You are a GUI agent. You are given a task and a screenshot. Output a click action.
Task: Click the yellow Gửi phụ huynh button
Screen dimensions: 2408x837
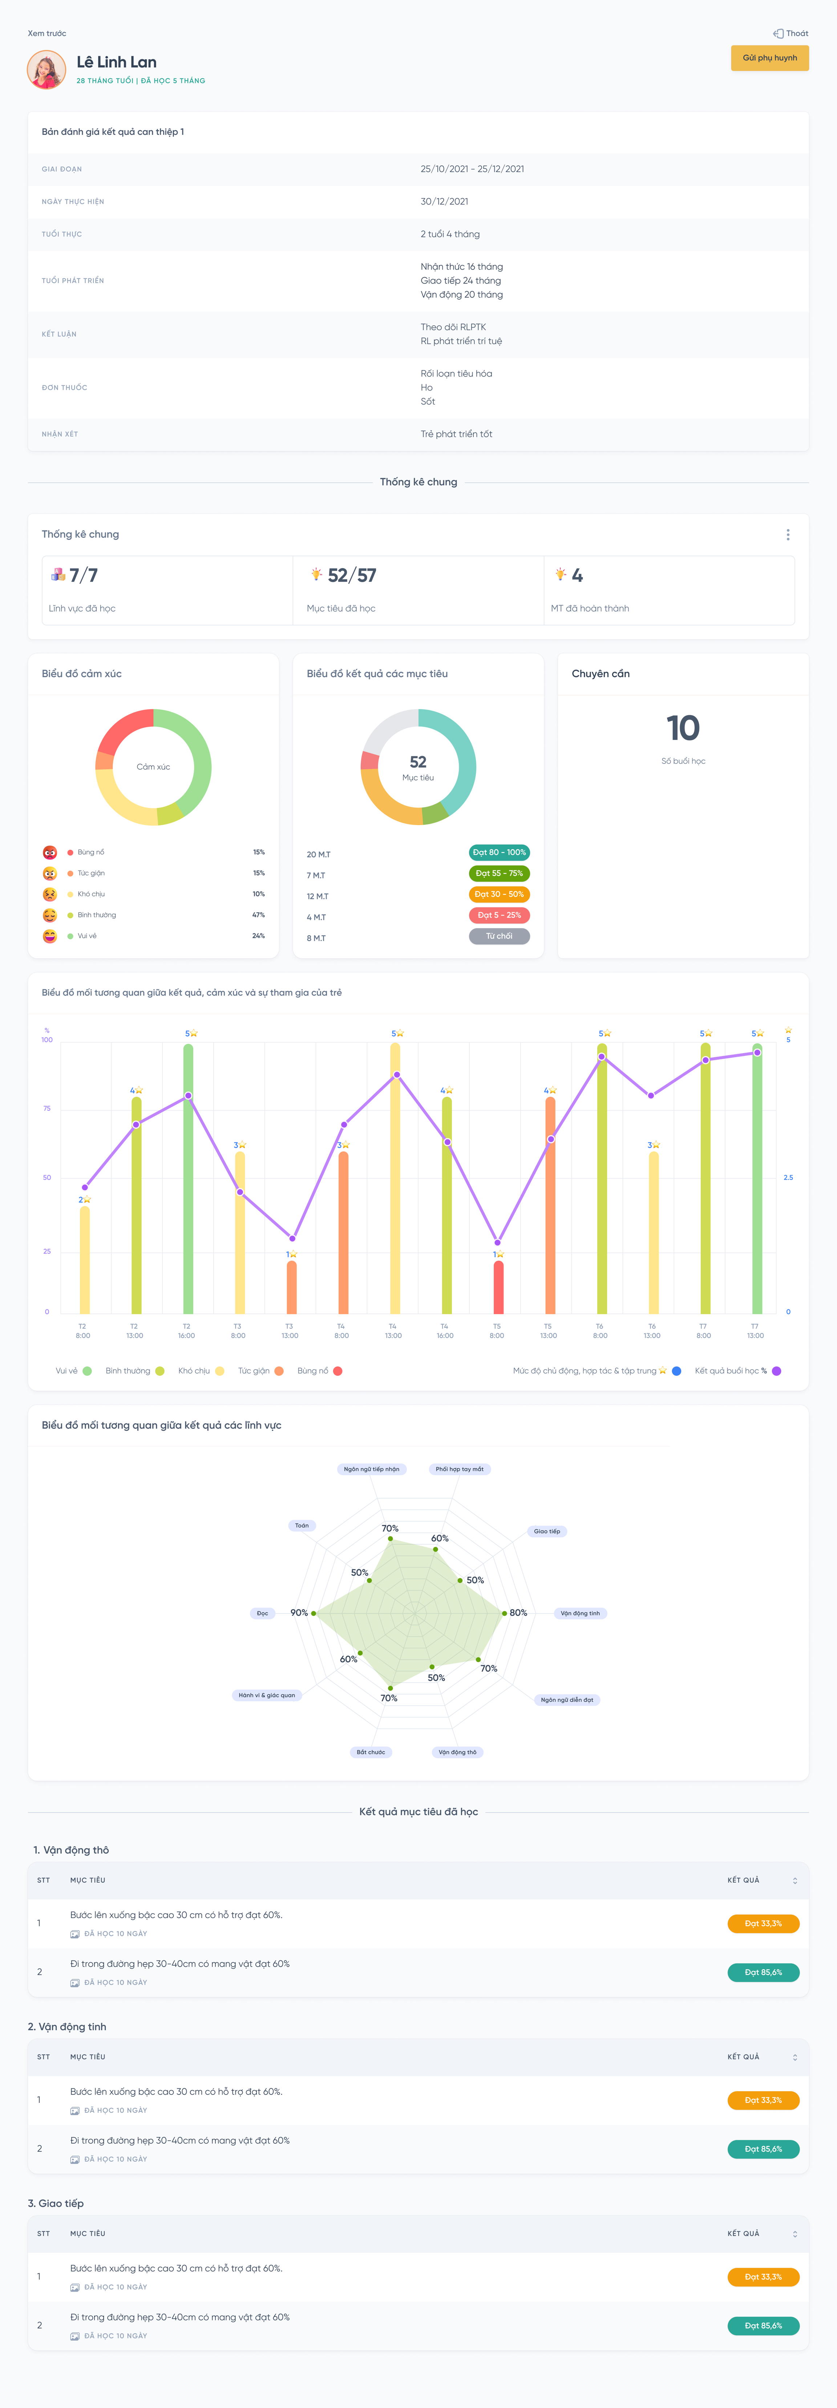(770, 58)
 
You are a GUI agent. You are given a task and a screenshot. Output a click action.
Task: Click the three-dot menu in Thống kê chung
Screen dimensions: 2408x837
(788, 535)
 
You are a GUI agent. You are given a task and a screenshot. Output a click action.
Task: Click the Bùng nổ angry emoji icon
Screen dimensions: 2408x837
(49, 853)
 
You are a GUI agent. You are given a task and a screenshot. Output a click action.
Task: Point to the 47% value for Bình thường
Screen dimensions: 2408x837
(258, 915)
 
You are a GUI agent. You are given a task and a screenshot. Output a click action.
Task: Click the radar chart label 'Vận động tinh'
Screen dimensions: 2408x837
(580, 1613)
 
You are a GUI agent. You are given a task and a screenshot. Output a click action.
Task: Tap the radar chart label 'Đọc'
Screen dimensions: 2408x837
(263, 1613)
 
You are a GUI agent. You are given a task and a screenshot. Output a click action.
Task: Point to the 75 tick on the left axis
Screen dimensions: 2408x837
(47, 1109)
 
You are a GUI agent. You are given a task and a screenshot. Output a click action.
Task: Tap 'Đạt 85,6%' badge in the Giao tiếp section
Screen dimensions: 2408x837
(763, 2326)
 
